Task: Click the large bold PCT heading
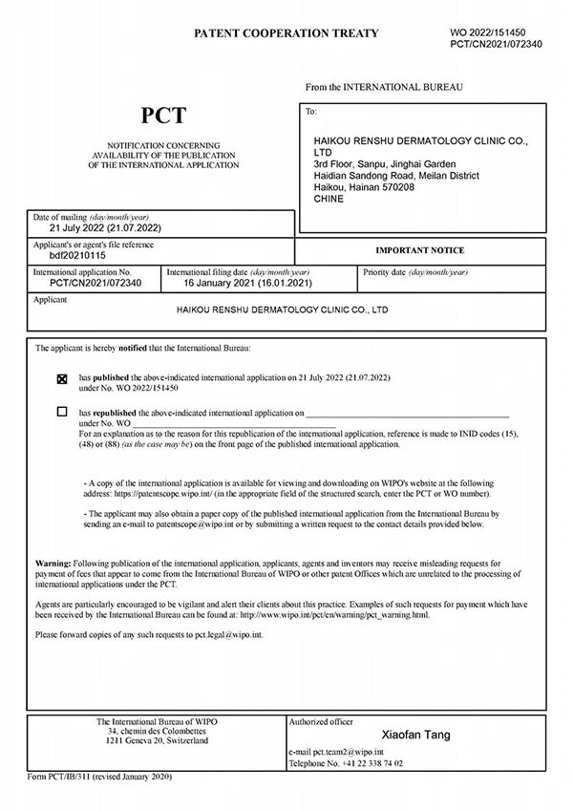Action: point(163,117)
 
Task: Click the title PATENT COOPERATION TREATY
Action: point(286,33)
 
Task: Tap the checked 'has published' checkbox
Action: point(63,379)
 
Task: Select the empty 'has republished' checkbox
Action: point(63,413)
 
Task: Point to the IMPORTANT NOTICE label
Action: point(419,250)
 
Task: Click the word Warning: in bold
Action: point(53,565)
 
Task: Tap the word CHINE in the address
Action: point(329,200)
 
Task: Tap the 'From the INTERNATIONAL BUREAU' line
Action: point(384,87)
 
